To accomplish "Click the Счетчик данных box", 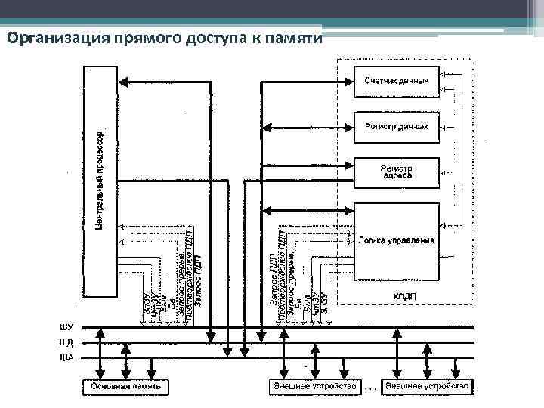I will [397, 81].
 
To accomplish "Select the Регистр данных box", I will [397, 127].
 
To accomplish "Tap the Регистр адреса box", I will [397, 172].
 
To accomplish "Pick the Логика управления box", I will [397, 240].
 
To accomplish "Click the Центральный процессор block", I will [100, 181].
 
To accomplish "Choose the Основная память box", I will [125, 386].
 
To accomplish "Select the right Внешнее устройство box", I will [428, 386].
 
